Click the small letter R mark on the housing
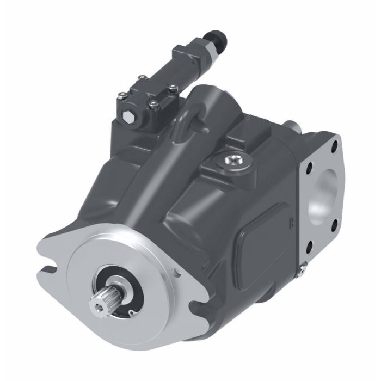[291, 223]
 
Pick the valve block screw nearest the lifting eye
[173, 87]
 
